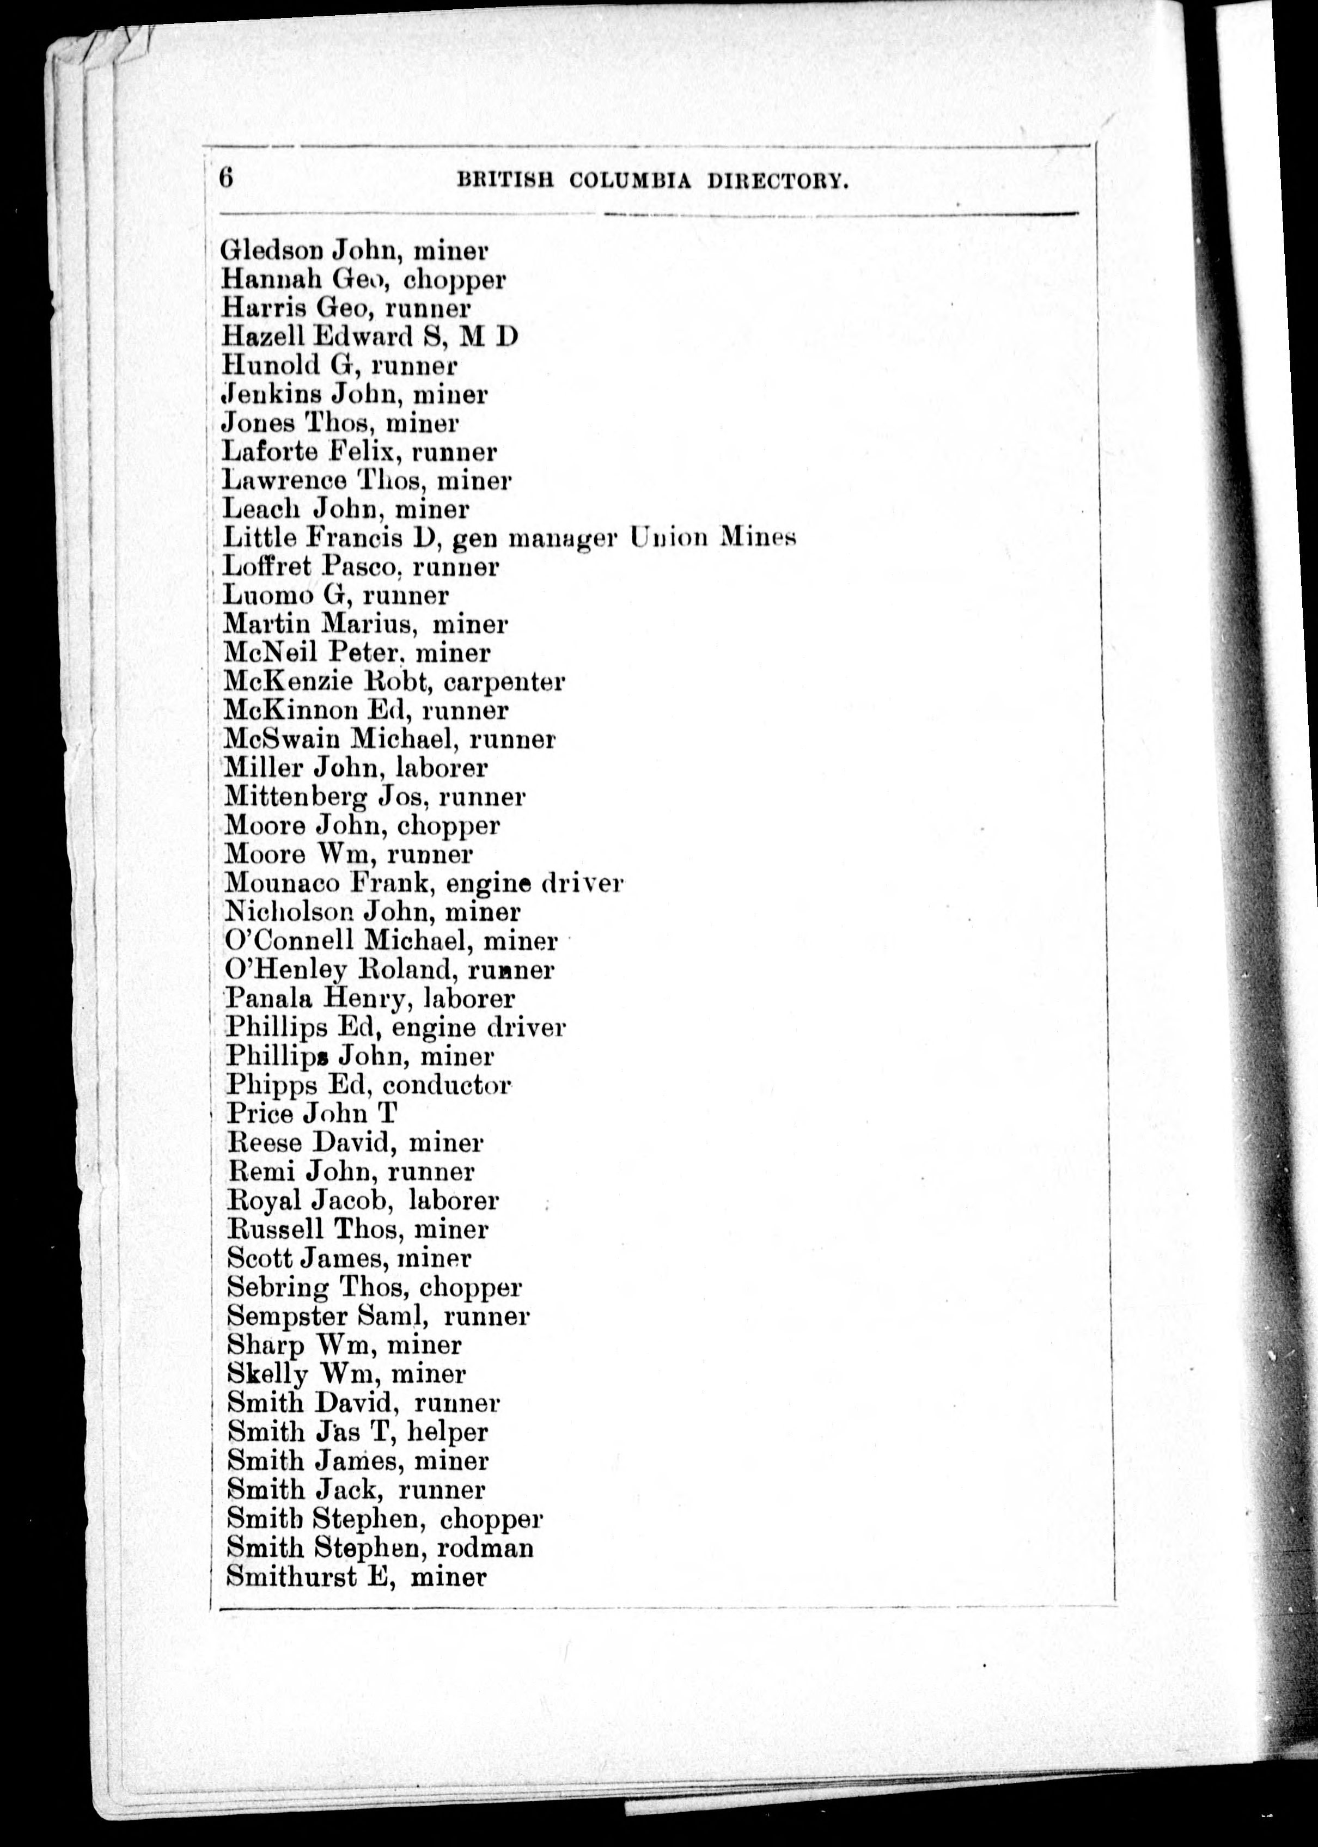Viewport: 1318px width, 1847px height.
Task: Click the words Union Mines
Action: tap(712, 537)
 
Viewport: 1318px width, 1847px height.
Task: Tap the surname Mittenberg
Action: tap(296, 798)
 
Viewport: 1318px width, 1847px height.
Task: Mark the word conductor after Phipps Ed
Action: tap(446, 1086)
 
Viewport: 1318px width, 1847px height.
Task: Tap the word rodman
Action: tap(485, 1548)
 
